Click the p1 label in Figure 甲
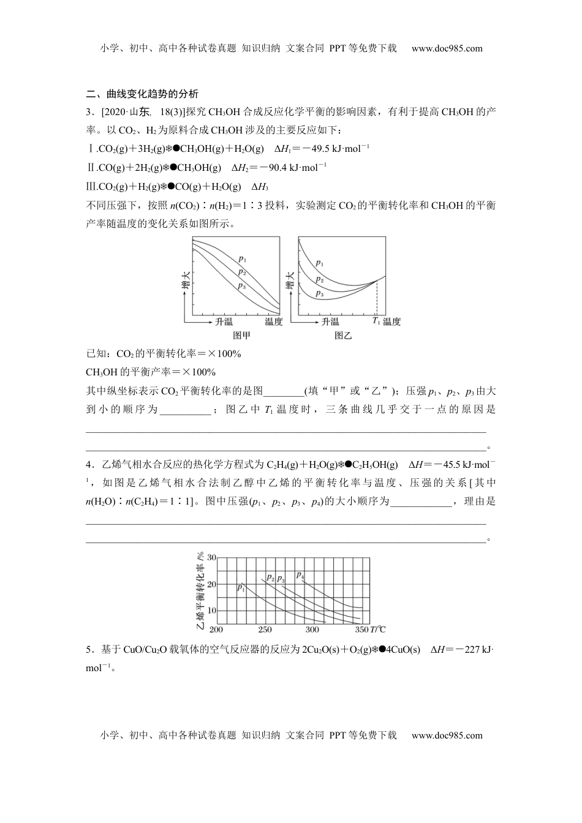tap(242, 259)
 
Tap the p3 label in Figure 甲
tap(242, 286)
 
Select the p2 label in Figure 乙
tap(319, 279)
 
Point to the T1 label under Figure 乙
tap(376, 321)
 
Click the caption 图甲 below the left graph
tap(241, 336)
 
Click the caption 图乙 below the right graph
tap(342, 336)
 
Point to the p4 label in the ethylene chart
tap(300, 575)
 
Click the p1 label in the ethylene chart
tap(241, 588)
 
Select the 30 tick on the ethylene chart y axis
tap(211, 558)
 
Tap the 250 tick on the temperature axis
tap(265, 630)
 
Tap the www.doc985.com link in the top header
tap(447, 48)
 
